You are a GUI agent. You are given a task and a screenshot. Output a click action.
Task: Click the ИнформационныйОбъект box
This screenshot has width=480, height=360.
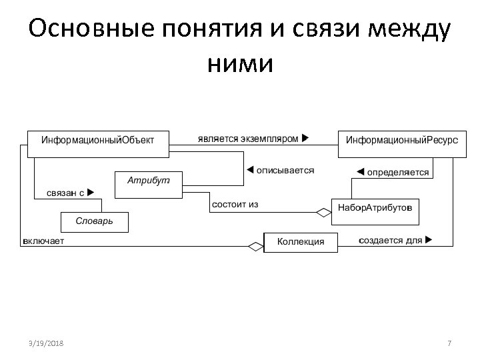coord(97,142)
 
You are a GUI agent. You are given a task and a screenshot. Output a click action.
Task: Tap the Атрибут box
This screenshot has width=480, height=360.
coord(149,184)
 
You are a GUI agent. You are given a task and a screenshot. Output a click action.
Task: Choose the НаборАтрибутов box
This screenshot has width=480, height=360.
coord(375,207)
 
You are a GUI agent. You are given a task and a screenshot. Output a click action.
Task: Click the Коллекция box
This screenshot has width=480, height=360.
coord(301,241)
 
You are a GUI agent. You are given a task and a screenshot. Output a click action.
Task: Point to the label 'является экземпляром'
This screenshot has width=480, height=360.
coord(247,139)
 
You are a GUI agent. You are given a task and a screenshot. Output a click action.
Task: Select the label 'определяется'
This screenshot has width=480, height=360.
coord(398,172)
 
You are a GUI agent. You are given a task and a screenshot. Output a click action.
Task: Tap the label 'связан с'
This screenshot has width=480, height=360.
coord(64,193)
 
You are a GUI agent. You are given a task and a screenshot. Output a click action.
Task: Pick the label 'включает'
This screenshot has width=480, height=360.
coord(43,241)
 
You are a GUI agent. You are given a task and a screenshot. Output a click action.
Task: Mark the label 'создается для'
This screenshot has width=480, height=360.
coord(391,240)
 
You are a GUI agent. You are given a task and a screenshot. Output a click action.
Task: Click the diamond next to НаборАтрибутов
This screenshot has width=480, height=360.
coord(323,213)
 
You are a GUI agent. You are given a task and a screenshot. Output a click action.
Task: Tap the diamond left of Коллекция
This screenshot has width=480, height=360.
coord(256,246)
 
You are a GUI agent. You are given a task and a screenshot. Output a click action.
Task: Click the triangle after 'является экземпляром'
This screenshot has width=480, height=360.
coord(305,139)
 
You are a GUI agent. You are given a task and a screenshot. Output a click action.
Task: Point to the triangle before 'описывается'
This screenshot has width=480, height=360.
coord(251,170)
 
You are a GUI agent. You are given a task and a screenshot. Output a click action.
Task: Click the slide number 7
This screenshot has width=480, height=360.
coord(449,343)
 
